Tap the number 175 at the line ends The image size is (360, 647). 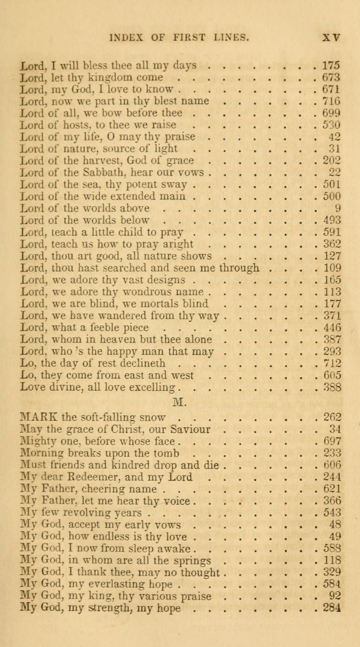330,65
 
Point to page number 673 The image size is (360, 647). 330,77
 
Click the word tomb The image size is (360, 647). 166,453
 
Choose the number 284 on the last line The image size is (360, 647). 330,608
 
